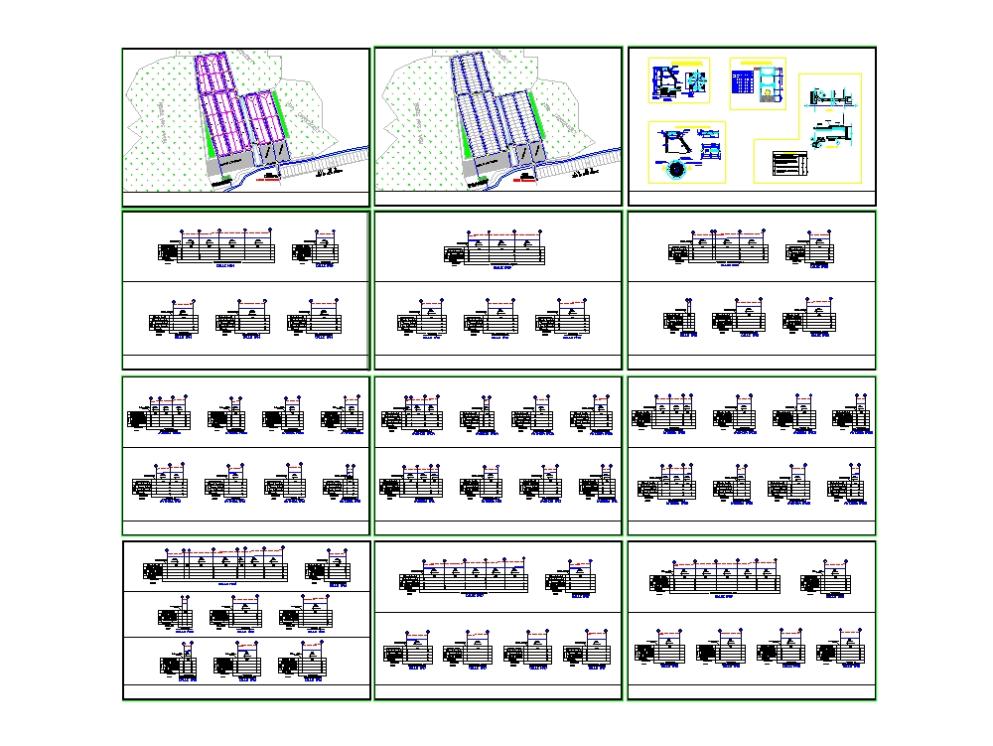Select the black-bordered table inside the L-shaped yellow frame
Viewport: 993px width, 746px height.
point(789,164)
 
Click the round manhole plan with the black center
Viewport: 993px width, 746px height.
point(677,169)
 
